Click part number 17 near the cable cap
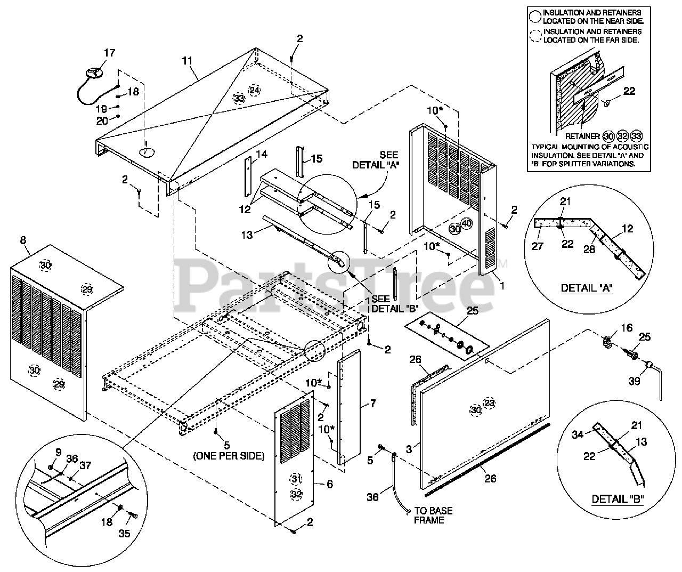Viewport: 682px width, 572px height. (x=109, y=53)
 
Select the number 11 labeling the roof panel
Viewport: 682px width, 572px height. (x=187, y=60)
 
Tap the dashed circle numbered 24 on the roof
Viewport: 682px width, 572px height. (x=254, y=90)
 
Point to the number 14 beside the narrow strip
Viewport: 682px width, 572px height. (x=262, y=154)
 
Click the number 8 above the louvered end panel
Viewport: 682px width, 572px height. (x=23, y=240)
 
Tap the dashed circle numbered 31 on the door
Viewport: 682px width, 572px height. (x=296, y=479)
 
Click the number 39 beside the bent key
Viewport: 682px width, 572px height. (x=634, y=381)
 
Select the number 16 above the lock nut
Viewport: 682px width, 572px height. (x=627, y=327)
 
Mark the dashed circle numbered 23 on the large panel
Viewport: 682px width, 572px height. (x=489, y=403)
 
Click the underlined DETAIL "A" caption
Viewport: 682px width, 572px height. (x=587, y=288)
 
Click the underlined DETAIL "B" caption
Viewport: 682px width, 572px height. (x=618, y=499)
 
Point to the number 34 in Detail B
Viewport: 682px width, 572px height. (x=578, y=434)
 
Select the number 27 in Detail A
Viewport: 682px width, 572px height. (x=537, y=246)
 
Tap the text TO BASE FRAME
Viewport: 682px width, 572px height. (x=433, y=515)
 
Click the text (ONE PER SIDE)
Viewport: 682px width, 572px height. (x=229, y=456)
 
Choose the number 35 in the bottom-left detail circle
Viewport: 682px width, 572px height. (x=124, y=534)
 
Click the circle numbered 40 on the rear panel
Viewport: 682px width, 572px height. (x=466, y=223)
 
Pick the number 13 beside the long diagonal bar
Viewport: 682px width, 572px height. (x=247, y=235)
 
